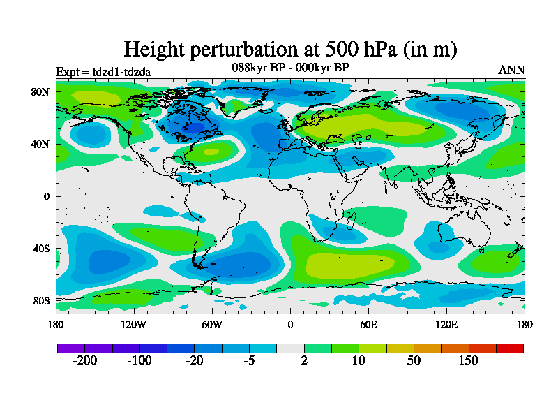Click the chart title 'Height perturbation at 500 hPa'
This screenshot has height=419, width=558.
[x=290, y=50]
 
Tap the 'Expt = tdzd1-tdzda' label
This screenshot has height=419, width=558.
[x=103, y=71]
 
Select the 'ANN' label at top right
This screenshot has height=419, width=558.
[x=511, y=70]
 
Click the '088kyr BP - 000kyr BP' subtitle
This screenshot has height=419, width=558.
[x=290, y=67]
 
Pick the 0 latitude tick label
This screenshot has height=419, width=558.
[x=47, y=196]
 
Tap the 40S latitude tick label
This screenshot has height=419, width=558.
[x=41, y=249]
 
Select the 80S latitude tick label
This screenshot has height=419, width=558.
[x=41, y=301]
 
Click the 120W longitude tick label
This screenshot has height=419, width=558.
[x=134, y=324]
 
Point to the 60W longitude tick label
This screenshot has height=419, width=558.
[x=212, y=324]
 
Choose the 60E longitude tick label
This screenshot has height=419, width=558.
[x=368, y=324]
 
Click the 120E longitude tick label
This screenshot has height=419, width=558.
[x=446, y=324]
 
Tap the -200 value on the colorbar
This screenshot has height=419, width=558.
[x=84, y=361]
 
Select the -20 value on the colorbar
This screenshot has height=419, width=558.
[x=194, y=361]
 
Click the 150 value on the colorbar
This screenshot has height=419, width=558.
[x=468, y=361]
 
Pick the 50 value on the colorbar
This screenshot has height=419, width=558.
[x=414, y=361]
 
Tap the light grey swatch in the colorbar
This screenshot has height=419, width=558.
[x=290, y=348]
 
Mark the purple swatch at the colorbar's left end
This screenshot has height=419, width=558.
[x=70, y=348]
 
